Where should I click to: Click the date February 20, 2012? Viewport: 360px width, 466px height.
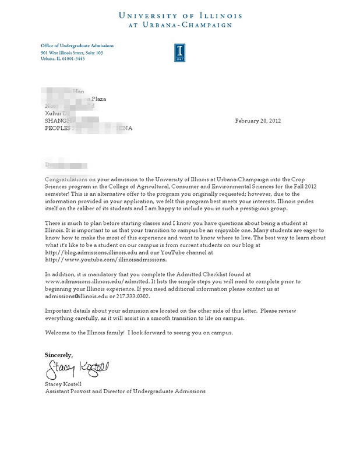[257, 121]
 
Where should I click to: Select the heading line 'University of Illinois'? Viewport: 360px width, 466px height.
[180, 16]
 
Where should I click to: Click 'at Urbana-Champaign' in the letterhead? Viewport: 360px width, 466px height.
[180, 26]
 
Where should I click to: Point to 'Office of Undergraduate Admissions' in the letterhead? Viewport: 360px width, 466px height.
[77, 45]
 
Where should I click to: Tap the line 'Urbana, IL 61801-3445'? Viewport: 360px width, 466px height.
[62, 59]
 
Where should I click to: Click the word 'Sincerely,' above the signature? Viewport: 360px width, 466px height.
[59, 354]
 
